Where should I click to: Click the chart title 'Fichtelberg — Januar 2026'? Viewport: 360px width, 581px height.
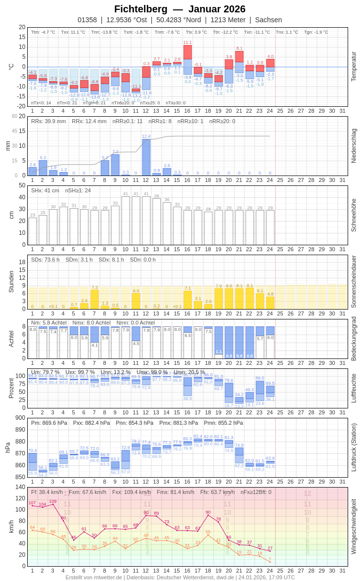tap(180, 9)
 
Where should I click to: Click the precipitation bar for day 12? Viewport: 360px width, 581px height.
tap(146, 157)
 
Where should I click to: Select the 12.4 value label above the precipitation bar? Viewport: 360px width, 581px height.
tap(146, 136)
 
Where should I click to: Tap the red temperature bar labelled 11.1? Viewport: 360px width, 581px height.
tap(187, 52)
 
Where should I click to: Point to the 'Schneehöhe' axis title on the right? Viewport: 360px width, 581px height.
tap(354, 215)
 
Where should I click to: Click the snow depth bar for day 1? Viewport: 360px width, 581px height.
tap(32, 231)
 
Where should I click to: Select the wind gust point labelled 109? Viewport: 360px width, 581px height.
tap(53, 504)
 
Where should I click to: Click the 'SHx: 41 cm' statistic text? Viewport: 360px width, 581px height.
tap(45, 190)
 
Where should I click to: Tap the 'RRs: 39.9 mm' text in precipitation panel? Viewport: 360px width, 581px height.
tap(48, 121)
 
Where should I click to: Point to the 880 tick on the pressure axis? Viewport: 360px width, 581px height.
tap(20, 442)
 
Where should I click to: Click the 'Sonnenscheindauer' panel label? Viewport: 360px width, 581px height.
tap(354, 282)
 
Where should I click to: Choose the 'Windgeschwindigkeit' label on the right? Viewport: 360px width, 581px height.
tap(354, 527)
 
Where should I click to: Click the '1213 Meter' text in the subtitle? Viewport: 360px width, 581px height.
tap(228, 20)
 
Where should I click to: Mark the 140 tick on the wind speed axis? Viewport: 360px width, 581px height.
tap(20, 487)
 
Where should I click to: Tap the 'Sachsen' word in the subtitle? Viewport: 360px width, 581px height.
tap(269, 20)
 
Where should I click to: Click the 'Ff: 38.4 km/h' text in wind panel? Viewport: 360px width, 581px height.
tap(47, 492)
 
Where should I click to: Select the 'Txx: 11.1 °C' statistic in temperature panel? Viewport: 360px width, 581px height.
tap(73, 32)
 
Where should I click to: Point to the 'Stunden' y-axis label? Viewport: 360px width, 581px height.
tap(11, 281)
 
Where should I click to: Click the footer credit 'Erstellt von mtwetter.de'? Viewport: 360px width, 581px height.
tap(93, 577)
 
